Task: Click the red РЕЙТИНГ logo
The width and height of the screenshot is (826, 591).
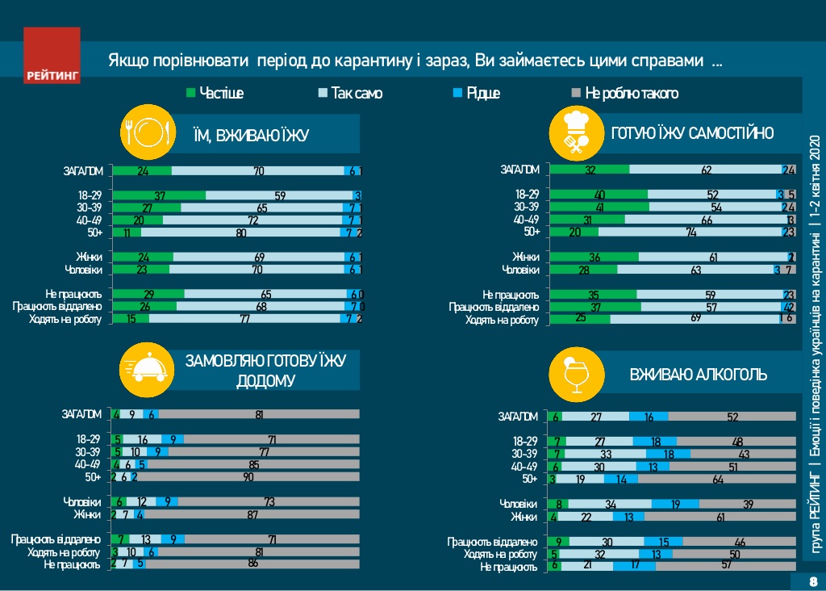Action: tap(52, 56)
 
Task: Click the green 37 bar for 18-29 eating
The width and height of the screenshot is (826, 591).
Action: tap(160, 195)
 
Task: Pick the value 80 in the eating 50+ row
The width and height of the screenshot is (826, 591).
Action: tap(240, 233)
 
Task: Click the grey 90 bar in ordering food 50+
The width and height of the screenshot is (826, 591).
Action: tap(248, 477)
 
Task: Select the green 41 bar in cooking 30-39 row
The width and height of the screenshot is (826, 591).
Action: tap(599, 207)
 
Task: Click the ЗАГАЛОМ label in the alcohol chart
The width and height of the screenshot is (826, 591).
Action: tap(517, 417)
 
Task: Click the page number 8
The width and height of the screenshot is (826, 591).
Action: tap(812, 581)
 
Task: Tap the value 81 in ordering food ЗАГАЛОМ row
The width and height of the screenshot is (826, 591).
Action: tap(259, 414)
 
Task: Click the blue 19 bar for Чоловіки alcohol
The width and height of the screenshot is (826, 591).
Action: tap(674, 505)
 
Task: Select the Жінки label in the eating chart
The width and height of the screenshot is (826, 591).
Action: tap(88, 258)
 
